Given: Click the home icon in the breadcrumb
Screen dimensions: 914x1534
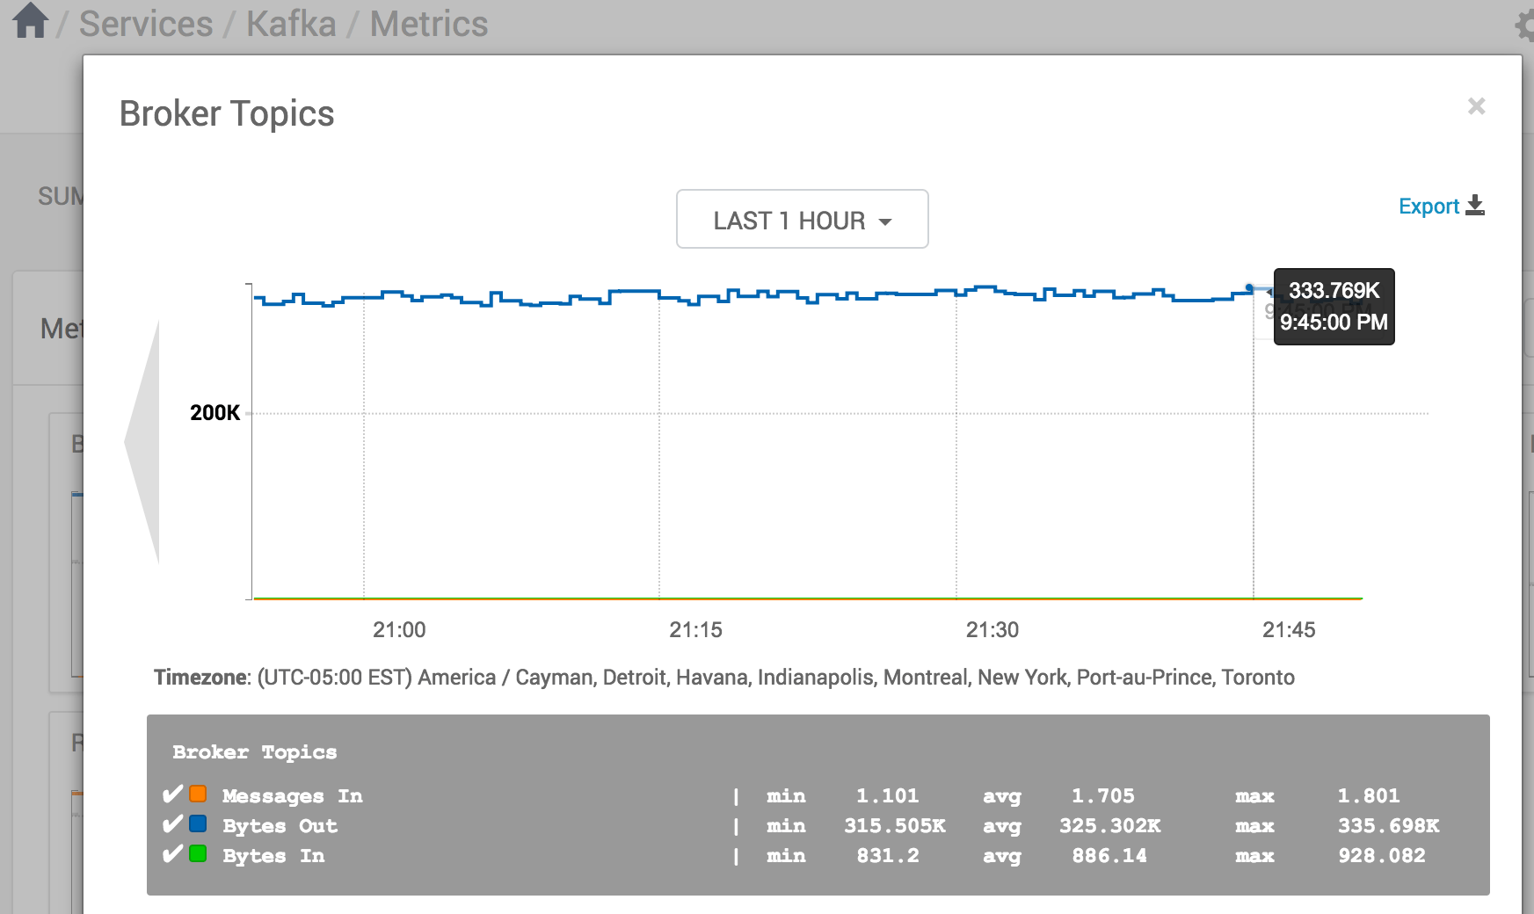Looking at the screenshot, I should tap(30, 21).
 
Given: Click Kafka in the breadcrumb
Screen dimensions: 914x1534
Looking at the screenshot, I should tap(291, 24).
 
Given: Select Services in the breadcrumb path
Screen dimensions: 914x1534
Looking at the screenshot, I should tap(146, 24).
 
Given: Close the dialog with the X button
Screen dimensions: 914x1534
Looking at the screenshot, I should tap(1476, 106).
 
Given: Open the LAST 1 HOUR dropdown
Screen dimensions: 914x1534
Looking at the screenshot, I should tap(802, 220).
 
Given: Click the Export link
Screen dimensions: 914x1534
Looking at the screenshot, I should tap(1440, 207).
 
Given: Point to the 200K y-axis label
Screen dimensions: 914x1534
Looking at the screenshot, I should tap(214, 413).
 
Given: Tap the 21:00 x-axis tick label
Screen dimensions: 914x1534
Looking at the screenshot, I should tap(399, 630).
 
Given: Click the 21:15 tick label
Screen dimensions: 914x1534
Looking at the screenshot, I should tap(695, 630).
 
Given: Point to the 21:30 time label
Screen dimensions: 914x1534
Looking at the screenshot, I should tap(992, 630).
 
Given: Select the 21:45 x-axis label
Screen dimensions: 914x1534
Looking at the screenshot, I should tap(1289, 630).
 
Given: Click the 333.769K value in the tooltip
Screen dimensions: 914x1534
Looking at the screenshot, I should tap(1334, 291).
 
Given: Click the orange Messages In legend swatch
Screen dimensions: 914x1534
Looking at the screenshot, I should tap(199, 794).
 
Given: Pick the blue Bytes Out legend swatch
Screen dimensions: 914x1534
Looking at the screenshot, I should tap(199, 824).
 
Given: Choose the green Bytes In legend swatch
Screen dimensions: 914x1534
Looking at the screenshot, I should tap(199, 854).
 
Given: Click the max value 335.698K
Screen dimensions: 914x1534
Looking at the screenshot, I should tap(1388, 826).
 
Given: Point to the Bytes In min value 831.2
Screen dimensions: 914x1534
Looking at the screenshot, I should tap(888, 856).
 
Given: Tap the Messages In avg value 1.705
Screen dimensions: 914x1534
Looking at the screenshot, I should tap(1102, 796).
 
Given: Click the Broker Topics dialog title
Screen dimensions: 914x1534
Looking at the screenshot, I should tap(227, 114).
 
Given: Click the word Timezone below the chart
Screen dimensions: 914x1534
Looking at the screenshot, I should tap(201, 678).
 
